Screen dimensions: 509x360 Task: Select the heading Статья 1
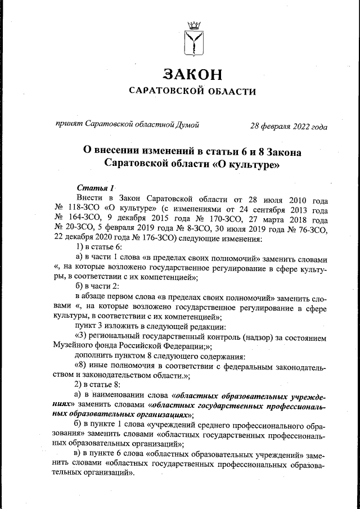pos(96,187)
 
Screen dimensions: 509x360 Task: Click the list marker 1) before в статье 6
pos(80,249)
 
